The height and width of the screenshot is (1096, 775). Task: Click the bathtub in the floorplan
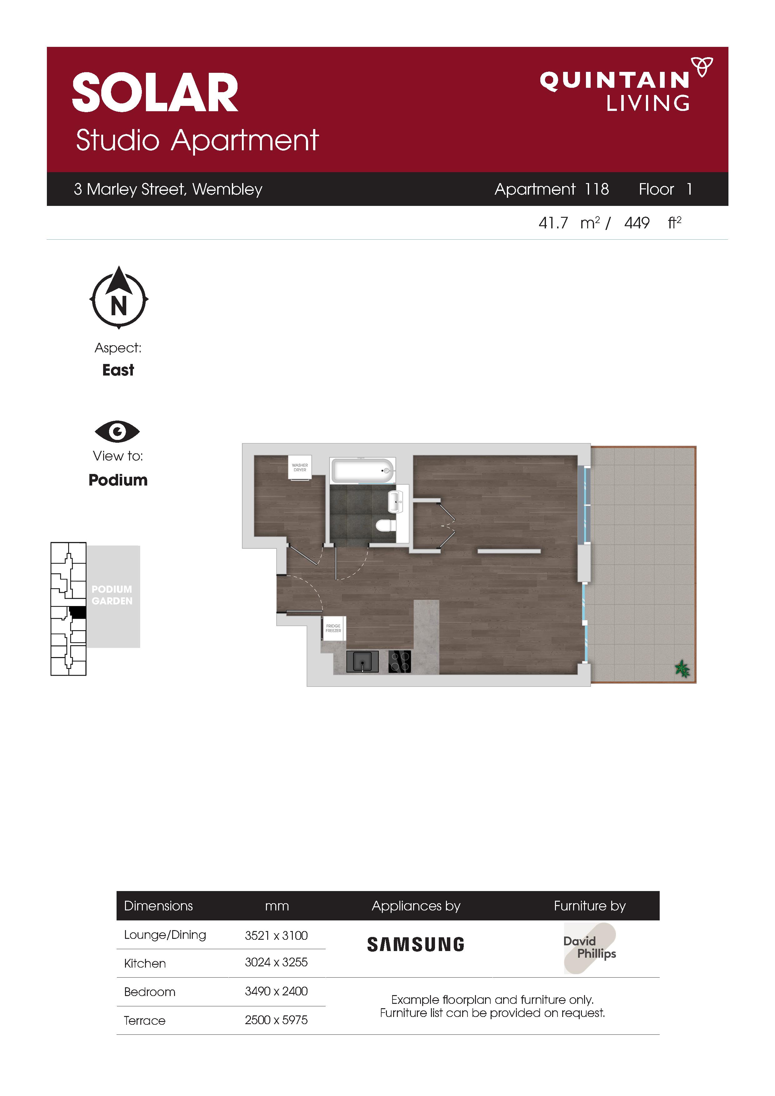point(362,471)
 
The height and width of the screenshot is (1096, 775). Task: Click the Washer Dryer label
point(300,467)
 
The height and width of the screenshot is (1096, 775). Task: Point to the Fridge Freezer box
point(333,628)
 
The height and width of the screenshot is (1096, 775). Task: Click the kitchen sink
point(362,662)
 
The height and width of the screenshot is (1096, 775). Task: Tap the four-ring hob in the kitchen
point(400,662)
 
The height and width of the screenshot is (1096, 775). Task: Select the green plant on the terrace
point(682,669)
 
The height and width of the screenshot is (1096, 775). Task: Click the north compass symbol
point(119,297)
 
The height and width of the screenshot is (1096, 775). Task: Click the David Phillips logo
point(590,948)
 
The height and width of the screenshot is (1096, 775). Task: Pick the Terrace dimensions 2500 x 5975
point(276,1020)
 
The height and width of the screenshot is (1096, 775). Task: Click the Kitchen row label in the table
point(145,963)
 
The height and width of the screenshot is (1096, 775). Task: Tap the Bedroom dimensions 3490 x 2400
point(276,991)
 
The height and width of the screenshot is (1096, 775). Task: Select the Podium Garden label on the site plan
point(112,595)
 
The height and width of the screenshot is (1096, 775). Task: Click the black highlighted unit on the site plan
point(77,612)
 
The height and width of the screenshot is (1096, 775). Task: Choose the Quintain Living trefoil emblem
point(702,66)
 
